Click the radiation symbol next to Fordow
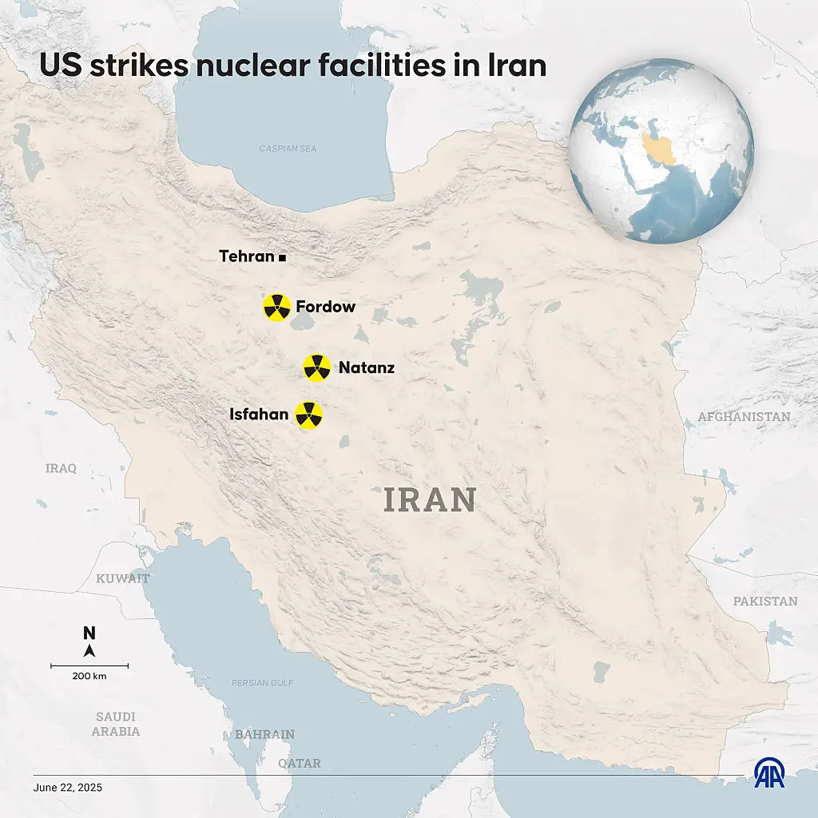click(277, 307)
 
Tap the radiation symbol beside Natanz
click(317, 368)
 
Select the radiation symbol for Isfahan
click(309, 415)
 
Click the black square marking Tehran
click(283, 258)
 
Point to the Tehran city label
click(247, 257)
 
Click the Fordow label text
click(325, 307)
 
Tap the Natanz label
click(367, 368)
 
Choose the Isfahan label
click(259, 415)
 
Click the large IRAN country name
click(430, 500)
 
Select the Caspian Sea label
click(288, 149)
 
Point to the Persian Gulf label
click(262, 683)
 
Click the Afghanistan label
click(744, 417)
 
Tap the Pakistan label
click(765, 601)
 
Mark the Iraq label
click(61, 468)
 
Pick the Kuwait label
click(122, 578)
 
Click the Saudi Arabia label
click(116, 724)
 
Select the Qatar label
click(300, 764)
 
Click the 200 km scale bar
click(89, 665)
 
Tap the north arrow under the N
click(89, 650)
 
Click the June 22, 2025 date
click(68, 788)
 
